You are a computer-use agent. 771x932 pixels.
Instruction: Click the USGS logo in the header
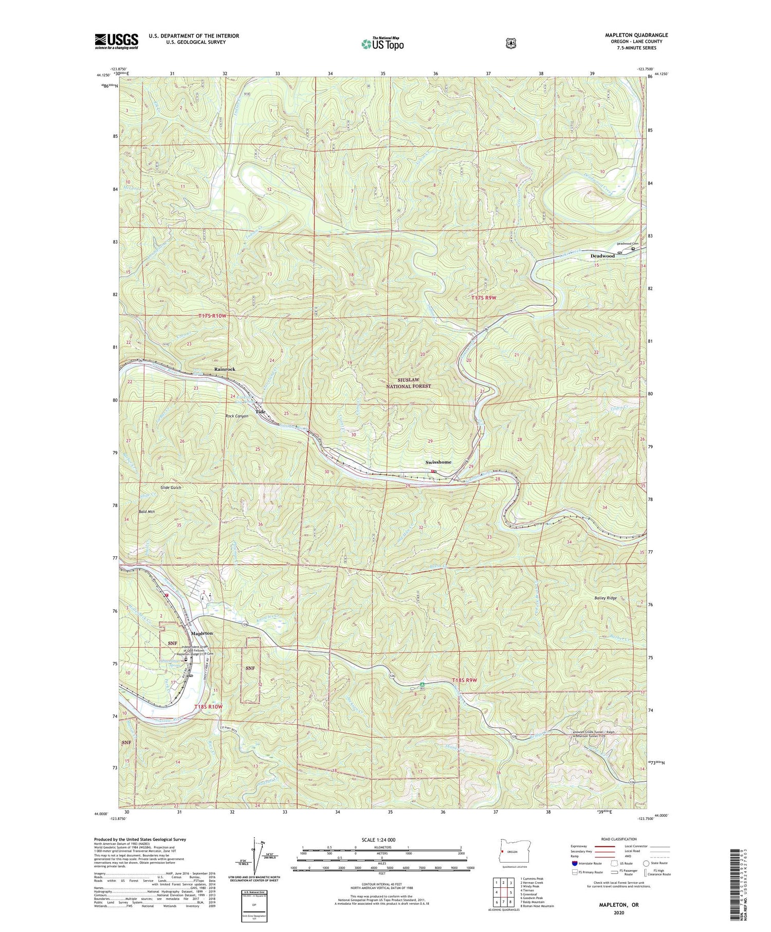tap(116, 41)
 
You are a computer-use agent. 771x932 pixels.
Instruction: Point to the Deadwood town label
tap(602, 255)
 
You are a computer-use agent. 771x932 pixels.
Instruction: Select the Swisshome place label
tap(438, 462)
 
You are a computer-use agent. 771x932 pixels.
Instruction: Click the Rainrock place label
tap(225, 369)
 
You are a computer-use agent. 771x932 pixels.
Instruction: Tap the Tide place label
tap(261, 412)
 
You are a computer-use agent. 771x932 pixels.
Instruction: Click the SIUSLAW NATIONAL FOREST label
tap(410, 382)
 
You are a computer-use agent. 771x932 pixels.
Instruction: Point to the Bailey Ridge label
tap(603, 598)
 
